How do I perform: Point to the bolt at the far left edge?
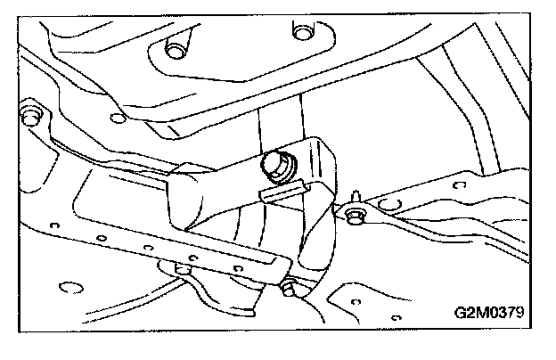coord(29,115)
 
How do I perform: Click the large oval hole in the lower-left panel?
coord(67,289)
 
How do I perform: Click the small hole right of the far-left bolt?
coord(114,117)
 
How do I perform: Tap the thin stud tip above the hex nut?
coord(356,193)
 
